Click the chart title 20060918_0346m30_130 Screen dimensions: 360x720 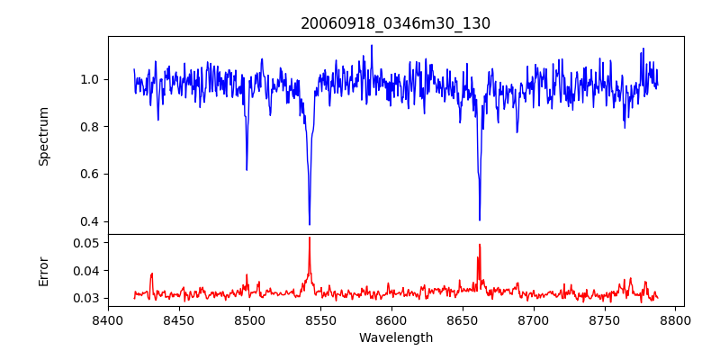[x=395, y=23]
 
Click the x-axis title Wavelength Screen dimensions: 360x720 [x=395, y=337]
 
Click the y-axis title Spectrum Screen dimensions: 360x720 [x=44, y=136]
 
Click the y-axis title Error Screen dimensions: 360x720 [x=44, y=271]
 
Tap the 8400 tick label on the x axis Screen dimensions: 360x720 [x=108, y=319]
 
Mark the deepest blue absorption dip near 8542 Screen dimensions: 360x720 [x=310, y=224]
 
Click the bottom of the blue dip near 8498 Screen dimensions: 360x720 [x=247, y=169]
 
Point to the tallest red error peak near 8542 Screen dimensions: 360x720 [x=310, y=238]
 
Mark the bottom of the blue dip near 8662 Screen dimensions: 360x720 [x=480, y=219]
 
